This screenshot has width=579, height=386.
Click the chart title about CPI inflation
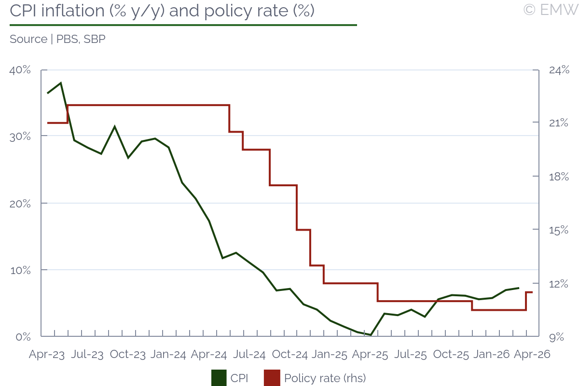point(162,11)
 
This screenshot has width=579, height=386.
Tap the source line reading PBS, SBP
point(57,39)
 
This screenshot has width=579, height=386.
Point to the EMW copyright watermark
point(551,10)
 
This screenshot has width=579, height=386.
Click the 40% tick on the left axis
point(20,70)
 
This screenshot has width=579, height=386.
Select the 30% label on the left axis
point(20,136)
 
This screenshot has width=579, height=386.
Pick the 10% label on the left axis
point(20,270)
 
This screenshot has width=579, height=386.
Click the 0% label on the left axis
point(23,337)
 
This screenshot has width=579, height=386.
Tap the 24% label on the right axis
point(559,70)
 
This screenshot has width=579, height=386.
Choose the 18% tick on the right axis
point(559,177)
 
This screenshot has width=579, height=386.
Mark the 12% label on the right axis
point(559,284)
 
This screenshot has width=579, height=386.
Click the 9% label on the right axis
point(556,337)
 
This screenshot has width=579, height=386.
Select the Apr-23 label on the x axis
point(47,355)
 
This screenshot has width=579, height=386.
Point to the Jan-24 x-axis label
point(168,355)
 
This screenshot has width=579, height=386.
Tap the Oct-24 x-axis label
point(290,355)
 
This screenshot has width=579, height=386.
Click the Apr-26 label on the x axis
point(532,355)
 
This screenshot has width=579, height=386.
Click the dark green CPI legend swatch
point(219,378)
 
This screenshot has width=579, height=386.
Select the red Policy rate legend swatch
point(272,378)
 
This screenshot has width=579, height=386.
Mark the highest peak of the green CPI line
point(61,83)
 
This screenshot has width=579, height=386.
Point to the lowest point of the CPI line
point(371,335)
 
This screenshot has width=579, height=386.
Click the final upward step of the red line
point(526,301)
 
